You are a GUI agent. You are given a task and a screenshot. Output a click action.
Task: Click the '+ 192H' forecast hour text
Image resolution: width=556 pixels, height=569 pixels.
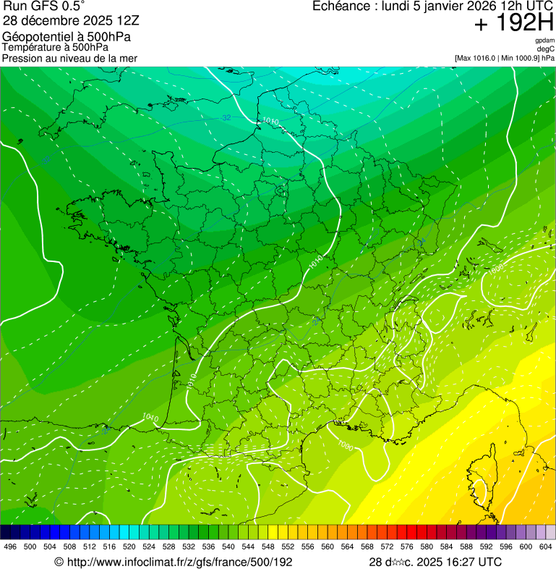pos(514,23)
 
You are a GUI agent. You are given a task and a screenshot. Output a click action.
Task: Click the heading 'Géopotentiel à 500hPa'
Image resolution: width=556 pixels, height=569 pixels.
pos(67,37)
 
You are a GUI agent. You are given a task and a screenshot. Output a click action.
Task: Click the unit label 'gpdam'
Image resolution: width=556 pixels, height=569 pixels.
pos(544,41)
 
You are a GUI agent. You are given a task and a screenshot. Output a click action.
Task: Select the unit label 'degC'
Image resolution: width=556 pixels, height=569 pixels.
pos(546,49)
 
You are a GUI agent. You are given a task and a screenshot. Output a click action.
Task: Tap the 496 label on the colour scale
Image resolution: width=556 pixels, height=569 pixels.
pos(10,547)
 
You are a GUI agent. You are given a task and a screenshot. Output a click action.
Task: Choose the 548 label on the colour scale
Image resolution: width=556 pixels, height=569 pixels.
pos(268,547)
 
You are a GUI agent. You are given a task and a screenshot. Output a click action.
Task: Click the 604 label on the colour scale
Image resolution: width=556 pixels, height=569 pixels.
pos(545,547)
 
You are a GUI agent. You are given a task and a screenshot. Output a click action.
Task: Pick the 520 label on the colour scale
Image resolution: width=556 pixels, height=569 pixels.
pos(129,547)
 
